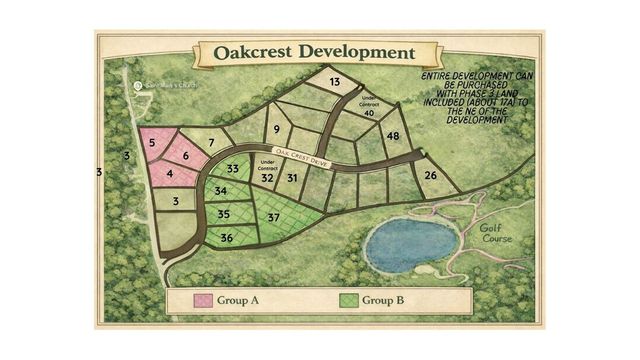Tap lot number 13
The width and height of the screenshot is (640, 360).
point(334,82)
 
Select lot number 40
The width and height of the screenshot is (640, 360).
point(368,113)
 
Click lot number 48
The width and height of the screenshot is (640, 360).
point(393,135)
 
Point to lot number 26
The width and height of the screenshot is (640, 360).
point(429,177)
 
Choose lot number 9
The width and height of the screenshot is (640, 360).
point(276,130)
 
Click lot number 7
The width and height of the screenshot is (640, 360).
point(210,143)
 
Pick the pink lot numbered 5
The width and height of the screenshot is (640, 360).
point(152,143)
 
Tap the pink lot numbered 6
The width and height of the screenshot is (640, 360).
point(186,156)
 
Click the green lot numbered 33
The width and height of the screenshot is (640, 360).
point(232,170)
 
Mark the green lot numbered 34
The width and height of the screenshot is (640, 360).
point(220,191)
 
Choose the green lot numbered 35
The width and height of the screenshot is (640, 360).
point(223,214)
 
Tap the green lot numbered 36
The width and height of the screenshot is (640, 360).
point(226,237)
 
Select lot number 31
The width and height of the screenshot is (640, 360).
point(292,178)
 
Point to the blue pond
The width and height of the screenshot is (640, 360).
point(411,246)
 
